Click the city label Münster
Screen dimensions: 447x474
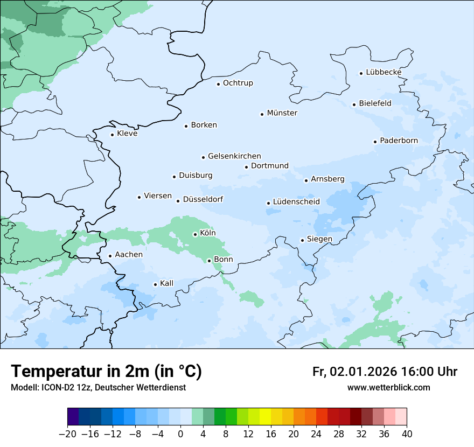[282, 113]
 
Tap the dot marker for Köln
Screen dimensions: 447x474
[195, 234]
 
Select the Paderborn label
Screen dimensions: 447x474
[399, 141]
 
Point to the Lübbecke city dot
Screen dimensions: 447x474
[361, 73]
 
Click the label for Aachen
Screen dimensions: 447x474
[129, 255]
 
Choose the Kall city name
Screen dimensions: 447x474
[166, 283]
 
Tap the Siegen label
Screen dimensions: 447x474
[319, 239]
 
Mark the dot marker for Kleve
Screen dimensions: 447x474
[113, 135]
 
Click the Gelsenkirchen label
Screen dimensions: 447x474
[234, 156]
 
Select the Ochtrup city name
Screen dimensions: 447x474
[238, 83]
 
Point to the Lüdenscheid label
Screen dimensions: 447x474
[296, 202]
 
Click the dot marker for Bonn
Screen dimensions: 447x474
[209, 261]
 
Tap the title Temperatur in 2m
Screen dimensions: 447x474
[106, 372]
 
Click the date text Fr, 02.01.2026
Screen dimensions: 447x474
[354, 372]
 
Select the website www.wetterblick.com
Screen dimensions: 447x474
[388, 387]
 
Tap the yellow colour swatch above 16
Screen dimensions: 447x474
[265, 417]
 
